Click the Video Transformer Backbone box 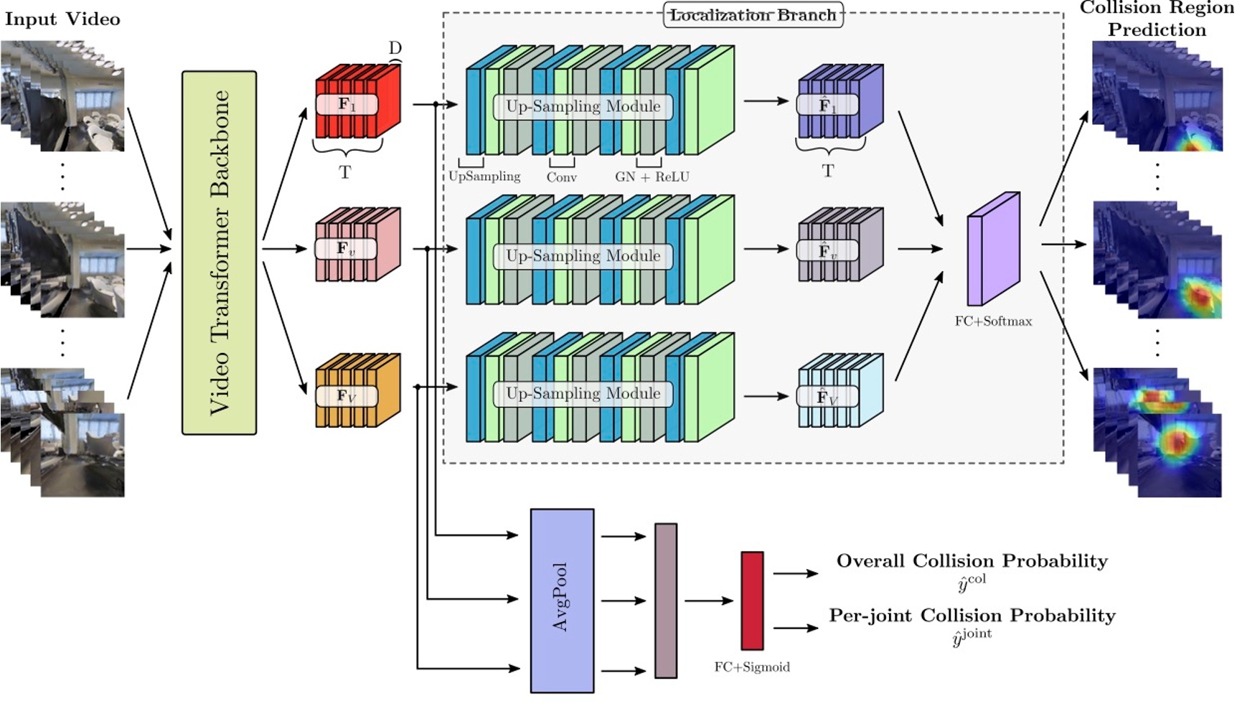219,252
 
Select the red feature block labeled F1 357,103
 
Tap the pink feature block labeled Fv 357,246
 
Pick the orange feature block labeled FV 357,392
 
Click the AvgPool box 562,600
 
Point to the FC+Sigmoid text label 751,667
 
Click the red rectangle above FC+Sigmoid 751,600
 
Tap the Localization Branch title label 753,15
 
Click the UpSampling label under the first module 484,176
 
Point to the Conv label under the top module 561,177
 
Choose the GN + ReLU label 652,176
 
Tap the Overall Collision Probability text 972,561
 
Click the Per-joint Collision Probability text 972,616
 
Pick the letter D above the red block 395,48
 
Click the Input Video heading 62,19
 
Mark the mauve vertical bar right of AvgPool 665,600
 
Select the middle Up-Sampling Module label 583,256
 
